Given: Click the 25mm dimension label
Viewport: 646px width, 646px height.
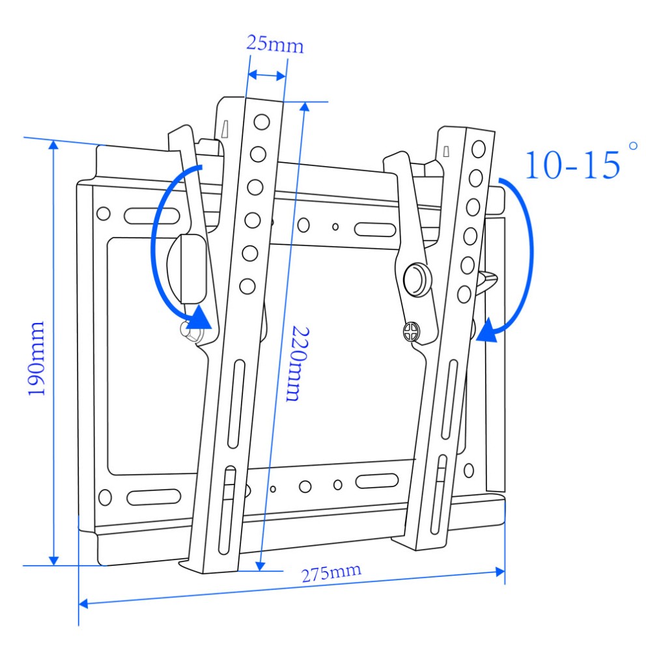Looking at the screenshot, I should pos(274,44).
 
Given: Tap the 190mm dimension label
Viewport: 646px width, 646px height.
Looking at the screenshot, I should pos(36,358).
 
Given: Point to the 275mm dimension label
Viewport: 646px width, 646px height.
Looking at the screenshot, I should pos(331,574).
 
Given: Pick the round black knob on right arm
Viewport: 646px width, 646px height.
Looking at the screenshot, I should pos(417,279).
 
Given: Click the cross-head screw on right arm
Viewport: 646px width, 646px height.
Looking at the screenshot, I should pos(410,332).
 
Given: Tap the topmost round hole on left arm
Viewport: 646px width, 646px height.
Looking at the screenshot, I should pos(261,122).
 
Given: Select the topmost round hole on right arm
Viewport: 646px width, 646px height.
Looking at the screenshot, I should pos(479,147).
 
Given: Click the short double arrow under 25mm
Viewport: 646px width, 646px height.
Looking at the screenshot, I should pos(267,76).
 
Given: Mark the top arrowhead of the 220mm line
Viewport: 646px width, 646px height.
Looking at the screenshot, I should pos(303,107).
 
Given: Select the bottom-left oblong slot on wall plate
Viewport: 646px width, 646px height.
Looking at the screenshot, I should pos(153,498).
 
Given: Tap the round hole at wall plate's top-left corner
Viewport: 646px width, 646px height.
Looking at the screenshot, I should pos(103,214).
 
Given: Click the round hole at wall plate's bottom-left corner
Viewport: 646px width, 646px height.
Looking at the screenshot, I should pos(104,499).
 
